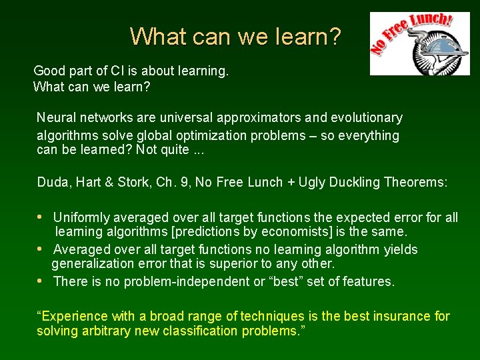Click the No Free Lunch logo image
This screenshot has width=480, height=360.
tap(420, 43)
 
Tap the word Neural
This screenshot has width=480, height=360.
tap(56, 118)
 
